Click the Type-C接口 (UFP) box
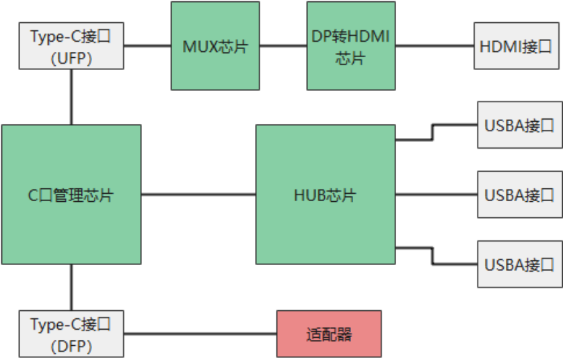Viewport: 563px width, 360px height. pos(71,46)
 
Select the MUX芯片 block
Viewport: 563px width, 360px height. pos(215,46)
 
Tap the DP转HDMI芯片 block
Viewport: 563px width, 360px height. pos(350,46)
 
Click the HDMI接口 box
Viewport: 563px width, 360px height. pos(516,46)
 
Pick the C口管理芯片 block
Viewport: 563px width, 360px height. pos(71,194)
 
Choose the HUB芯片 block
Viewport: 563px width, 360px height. pos(325,194)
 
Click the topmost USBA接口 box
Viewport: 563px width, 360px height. pos(519,124)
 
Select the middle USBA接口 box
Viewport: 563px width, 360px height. pos(519,194)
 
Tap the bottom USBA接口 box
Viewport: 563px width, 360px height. pos(519,264)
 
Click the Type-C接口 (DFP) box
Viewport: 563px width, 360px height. pos(71,333)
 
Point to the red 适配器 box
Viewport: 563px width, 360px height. pos(329,333)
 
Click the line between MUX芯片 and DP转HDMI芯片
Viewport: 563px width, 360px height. pos(283,46)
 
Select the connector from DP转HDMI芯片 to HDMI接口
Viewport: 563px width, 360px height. pos(434,46)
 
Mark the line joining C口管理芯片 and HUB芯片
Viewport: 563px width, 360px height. pos(198,194)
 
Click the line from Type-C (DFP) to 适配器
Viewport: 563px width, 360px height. pos(200,333)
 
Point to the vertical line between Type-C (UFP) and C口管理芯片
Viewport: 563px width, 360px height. pos(71,97)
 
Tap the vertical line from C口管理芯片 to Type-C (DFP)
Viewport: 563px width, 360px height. pos(71,287)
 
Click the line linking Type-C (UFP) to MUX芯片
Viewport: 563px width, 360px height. pos(147,46)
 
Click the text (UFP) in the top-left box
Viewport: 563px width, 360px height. pos(71,58)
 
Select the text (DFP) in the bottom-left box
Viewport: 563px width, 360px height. pos(71,346)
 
